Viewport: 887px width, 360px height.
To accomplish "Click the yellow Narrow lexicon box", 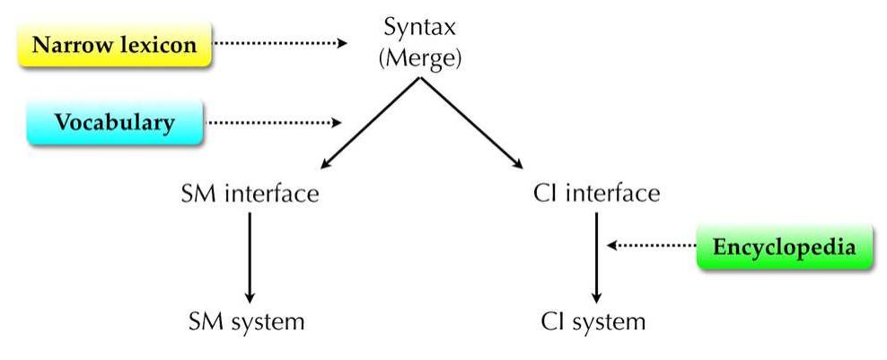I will (114, 45).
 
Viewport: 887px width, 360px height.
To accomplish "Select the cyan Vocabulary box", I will (114, 123).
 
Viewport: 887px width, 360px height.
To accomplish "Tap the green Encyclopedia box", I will (785, 246).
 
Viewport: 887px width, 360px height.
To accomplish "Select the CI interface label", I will (595, 194).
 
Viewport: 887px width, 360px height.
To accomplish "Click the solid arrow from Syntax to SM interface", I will (368, 124).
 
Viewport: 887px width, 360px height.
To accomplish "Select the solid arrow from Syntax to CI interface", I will (469, 124).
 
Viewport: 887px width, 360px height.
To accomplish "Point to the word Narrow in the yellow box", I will (66, 45).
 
